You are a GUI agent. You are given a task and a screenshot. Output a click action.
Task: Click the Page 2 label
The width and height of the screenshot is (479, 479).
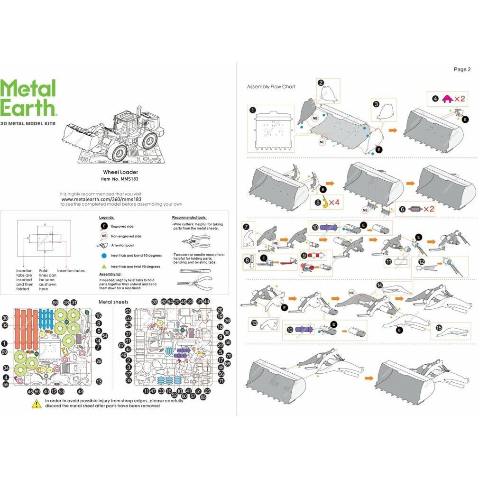(462, 69)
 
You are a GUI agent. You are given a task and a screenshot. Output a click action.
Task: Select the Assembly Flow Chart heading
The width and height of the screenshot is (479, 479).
(271, 87)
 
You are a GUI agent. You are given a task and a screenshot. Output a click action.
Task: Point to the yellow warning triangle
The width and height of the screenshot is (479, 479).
(36, 404)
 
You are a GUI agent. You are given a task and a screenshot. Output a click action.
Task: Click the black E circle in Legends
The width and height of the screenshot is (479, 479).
(103, 226)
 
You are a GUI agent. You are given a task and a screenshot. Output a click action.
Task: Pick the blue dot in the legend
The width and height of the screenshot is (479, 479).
(103, 255)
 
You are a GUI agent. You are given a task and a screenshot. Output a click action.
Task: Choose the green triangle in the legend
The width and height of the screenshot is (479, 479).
(103, 267)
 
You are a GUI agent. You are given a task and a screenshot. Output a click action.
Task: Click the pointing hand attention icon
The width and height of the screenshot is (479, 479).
(103, 245)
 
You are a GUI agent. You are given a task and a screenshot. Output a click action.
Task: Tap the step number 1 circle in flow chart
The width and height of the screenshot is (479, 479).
(252, 110)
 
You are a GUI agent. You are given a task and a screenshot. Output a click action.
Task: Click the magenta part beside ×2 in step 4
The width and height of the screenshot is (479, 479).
(447, 100)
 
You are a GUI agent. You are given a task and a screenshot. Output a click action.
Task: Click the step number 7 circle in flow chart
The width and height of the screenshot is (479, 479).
(246, 227)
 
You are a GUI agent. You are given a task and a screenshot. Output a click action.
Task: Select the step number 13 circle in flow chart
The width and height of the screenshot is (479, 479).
(254, 323)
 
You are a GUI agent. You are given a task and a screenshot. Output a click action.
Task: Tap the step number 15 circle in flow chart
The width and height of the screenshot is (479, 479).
(439, 328)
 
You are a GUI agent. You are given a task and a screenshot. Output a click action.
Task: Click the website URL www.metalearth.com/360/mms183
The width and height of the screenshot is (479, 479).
(101, 200)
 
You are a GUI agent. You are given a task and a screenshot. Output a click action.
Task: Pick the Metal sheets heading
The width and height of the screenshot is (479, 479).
(113, 302)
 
